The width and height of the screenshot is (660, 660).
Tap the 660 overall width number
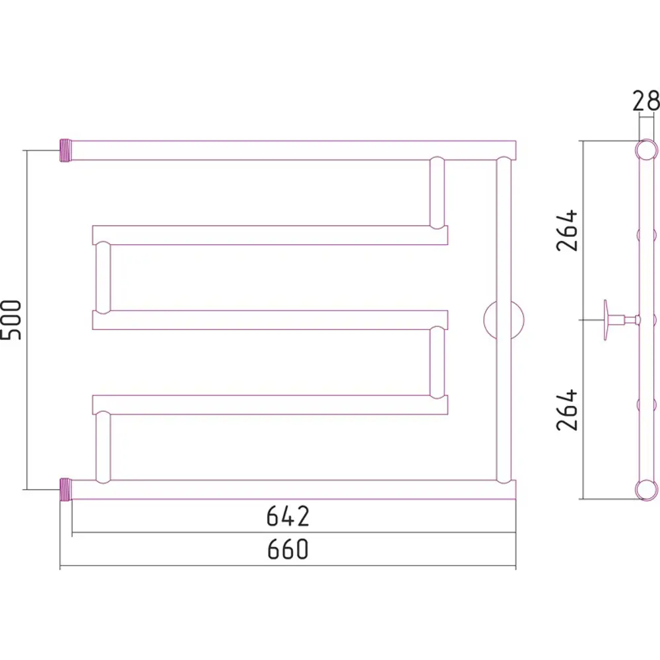288,550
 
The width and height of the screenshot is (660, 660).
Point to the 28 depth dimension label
645,101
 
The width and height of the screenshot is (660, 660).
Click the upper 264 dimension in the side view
567,230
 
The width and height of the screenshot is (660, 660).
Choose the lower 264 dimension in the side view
567,409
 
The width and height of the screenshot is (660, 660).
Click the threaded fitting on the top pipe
65,151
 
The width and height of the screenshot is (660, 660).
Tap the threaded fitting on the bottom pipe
65,490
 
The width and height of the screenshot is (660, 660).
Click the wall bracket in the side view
614,320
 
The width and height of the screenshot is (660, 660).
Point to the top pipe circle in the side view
646,150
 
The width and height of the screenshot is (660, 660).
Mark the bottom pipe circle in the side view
646,489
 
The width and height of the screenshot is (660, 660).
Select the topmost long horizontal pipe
290,150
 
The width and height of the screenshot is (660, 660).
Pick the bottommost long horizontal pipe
290,489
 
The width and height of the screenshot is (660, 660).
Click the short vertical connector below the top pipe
437,193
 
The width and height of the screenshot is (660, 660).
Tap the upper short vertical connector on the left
102,277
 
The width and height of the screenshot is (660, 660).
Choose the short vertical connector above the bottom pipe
102,447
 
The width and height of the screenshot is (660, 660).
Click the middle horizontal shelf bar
271,320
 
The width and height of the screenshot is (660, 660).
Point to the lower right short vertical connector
437,363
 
